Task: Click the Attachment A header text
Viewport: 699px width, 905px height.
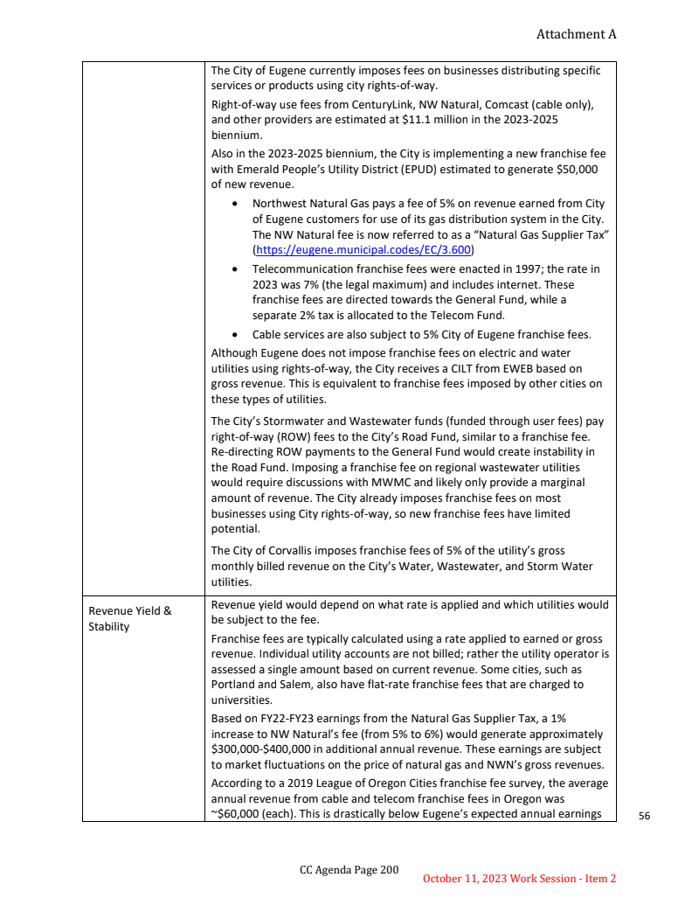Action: click(x=576, y=34)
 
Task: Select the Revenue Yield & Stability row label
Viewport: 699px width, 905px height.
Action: click(x=129, y=618)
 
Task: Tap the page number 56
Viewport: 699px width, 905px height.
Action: click(x=645, y=815)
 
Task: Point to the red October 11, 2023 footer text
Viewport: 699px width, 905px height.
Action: click(x=520, y=878)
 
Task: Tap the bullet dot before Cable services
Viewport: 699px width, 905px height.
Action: click(x=237, y=334)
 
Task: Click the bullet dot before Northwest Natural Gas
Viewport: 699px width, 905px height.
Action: click(x=237, y=204)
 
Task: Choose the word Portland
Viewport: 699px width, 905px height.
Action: click(x=236, y=684)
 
